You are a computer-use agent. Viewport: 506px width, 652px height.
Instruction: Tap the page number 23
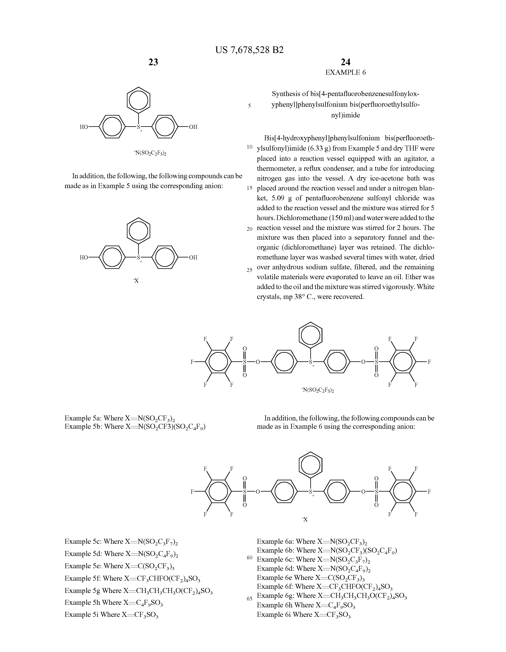153,62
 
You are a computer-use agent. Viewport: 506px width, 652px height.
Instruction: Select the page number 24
345,62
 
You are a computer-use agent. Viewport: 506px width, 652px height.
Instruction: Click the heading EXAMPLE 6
345,72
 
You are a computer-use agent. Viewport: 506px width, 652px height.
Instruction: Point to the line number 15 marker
249,188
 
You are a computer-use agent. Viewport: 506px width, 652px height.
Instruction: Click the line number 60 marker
249,557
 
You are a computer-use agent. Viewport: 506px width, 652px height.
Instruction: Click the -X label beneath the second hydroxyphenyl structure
136,281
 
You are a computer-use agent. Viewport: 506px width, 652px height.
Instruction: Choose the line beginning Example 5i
111,614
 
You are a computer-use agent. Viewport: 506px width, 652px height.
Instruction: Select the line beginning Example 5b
135,426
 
